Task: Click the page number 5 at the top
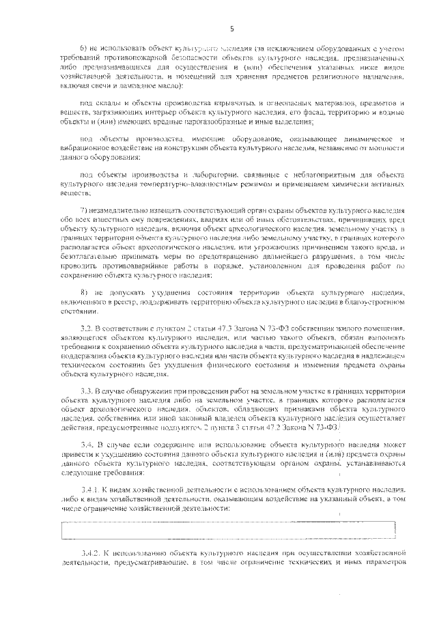tap(232, 29)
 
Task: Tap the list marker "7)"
tap(85, 206)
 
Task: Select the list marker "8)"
tap(85, 292)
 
